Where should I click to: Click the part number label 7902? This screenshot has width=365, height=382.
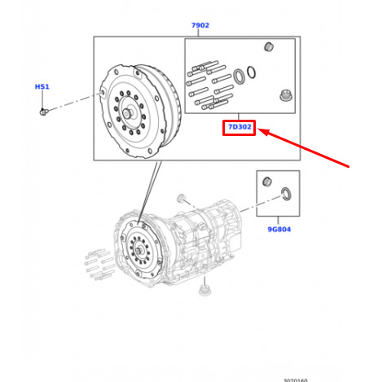tap(200, 25)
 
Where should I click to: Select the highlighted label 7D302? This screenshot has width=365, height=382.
tap(240, 127)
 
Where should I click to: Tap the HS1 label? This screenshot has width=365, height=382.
tap(42, 86)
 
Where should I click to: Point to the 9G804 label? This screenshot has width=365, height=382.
tap(279, 230)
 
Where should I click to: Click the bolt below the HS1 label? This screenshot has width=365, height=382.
tap(44, 112)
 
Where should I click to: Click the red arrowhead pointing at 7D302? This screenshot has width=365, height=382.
tap(263, 132)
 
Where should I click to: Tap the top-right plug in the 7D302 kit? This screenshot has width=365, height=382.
tap(269, 46)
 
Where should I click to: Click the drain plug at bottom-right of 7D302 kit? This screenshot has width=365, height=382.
tap(286, 96)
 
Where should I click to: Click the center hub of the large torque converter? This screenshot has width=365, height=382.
tap(127, 113)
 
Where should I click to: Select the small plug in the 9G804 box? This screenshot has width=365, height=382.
tap(267, 182)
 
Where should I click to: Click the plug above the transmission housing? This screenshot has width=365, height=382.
tap(180, 198)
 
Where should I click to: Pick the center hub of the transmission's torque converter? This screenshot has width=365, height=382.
tap(139, 251)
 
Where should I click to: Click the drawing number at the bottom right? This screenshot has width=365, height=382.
tap(295, 380)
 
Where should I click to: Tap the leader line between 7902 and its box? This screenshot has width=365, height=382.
tap(198, 33)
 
